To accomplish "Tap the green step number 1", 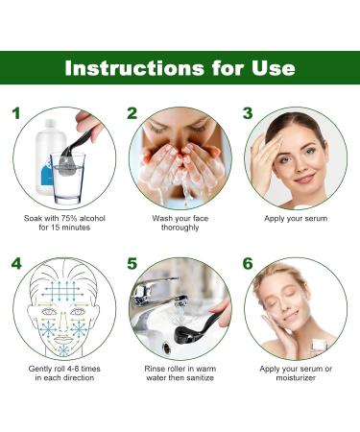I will (x=15, y=113).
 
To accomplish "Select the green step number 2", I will (x=132, y=113).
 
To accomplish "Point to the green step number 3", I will (x=247, y=113).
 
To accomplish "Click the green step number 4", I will (x=16, y=263).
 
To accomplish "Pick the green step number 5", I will (x=132, y=263).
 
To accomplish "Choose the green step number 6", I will (x=248, y=263).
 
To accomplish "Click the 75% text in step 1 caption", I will (x=70, y=219).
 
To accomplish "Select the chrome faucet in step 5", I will (x=159, y=293).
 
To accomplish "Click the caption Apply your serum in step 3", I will (x=295, y=219).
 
